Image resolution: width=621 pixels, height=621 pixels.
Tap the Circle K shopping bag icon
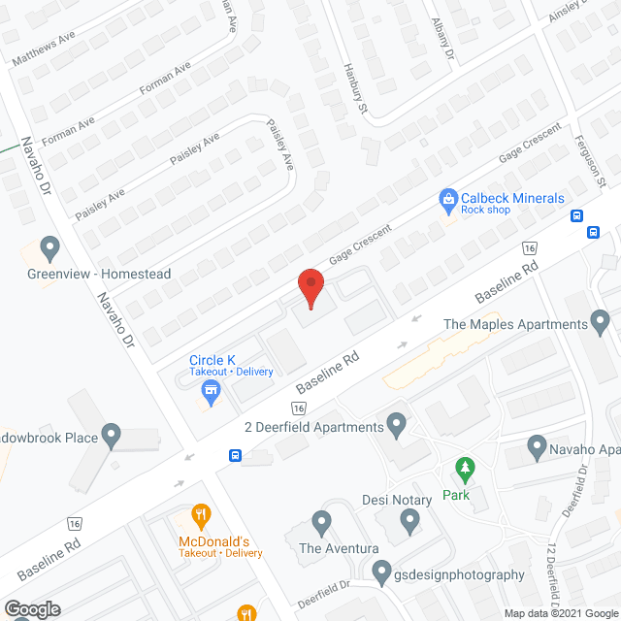tap(209, 391)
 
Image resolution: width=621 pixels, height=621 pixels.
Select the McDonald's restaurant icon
tap(201, 515)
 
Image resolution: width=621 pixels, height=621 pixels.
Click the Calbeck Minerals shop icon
tap(448, 201)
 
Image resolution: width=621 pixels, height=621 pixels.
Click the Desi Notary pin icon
tap(409, 521)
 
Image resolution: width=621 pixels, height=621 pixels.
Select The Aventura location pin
tap(321, 524)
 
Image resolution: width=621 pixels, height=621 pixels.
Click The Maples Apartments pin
tap(601, 320)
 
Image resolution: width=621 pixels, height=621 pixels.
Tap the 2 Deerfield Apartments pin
tap(395, 423)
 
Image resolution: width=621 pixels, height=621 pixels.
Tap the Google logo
tap(31, 608)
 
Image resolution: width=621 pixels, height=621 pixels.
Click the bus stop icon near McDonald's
tap(235, 455)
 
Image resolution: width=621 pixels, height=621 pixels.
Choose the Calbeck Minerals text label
tap(512, 198)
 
